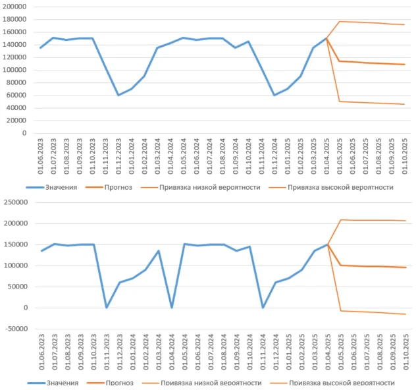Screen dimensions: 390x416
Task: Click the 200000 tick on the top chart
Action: point(15,7)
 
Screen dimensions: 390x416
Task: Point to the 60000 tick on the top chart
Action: point(17,95)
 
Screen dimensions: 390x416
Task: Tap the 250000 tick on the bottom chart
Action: point(15,202)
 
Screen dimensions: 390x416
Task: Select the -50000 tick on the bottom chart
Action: point(15,329)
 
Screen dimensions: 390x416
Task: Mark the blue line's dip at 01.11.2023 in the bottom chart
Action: point(107,308)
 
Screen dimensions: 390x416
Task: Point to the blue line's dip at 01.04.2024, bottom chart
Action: point(172,308)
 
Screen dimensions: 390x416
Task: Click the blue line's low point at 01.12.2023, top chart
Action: point(118,95)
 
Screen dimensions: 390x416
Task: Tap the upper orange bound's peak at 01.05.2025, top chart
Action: point(340,21)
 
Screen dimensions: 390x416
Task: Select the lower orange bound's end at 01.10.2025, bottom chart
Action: point(404,314)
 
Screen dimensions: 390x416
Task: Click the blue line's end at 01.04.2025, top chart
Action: point(326,38)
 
